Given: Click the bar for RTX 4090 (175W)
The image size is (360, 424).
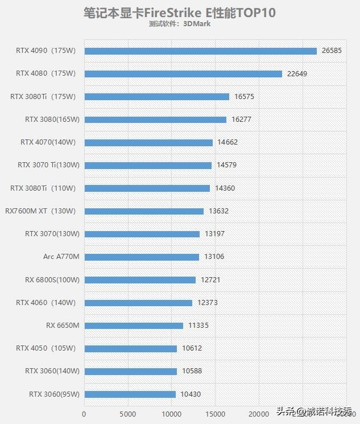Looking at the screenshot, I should coord(200,51).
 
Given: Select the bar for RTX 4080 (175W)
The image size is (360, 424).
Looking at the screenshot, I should coord(183,73).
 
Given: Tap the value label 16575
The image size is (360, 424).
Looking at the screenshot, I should coord(243,97).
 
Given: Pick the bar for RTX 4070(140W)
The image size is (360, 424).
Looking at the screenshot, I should coord(148,142).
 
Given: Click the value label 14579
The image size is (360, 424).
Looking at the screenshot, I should coord(227,165).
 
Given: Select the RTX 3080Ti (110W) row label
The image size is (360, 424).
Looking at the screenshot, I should coord(43,188).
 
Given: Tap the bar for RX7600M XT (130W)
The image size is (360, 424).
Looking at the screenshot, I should coord(144,211).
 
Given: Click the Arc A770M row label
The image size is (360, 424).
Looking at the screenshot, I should coord(61,257).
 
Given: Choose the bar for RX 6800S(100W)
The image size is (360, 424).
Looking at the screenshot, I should coord(140,279).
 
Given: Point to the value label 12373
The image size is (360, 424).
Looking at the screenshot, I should coord(208,303).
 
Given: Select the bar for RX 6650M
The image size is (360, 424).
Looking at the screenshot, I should coord(134,326).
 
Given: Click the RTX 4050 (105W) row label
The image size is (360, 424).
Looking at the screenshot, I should coord(45,348).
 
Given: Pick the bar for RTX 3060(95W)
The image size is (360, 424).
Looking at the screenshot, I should coord(130,394).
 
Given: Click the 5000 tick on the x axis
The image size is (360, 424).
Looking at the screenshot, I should coord(128,414).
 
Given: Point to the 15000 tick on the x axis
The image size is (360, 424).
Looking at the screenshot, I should coord(215,414).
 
